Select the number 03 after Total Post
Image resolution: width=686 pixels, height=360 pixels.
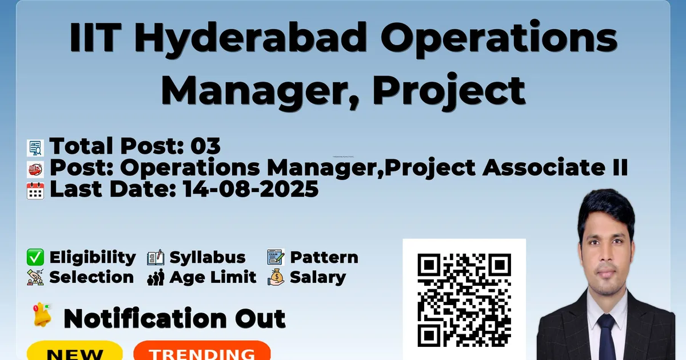coord(205,146)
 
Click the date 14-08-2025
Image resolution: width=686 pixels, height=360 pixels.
coord(251,189)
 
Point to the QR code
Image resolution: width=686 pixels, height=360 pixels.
coord(464,300)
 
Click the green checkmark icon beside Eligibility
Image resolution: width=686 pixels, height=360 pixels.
coord(35,257)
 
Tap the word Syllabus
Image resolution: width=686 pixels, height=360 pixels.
coord(208,258)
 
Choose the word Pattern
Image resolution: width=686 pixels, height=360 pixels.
coord(324,258)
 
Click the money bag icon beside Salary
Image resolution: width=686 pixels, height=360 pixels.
coord(276,277)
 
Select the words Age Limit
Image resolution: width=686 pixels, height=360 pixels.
coord(213,277)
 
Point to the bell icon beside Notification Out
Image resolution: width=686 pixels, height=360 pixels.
coord(42,315)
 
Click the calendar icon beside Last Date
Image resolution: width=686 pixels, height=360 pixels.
coord(35,191)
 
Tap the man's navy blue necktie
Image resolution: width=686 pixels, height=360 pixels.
coord(607,337)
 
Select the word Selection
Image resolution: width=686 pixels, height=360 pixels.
coord(91,277)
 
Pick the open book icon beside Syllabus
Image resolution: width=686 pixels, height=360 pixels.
coord(155,258)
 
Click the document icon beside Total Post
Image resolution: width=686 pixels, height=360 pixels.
coord(35,148)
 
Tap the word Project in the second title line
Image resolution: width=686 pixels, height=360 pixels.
coord(449,91)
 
